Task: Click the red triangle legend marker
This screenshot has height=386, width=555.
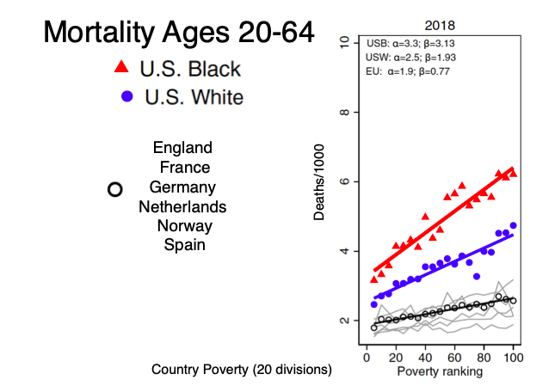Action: (x=124, y=68)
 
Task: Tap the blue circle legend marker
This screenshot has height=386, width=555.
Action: (x=125, y=96)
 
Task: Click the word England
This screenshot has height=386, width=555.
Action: (x=182, y=148)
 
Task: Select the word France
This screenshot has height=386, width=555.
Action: (x=184, y=168)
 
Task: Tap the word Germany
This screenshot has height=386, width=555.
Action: (x=182, y=187)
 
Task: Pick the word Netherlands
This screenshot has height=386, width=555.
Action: (x=182, y=207)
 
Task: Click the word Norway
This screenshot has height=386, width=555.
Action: (x=184, y=226)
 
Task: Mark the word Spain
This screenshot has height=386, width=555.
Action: (x=184, y=245)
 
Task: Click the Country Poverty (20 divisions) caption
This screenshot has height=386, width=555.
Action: (x=242, y=371)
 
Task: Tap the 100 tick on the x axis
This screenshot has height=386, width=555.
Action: (x=514, y=357)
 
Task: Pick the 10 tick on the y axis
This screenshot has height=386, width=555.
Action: (x=345, y=43)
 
